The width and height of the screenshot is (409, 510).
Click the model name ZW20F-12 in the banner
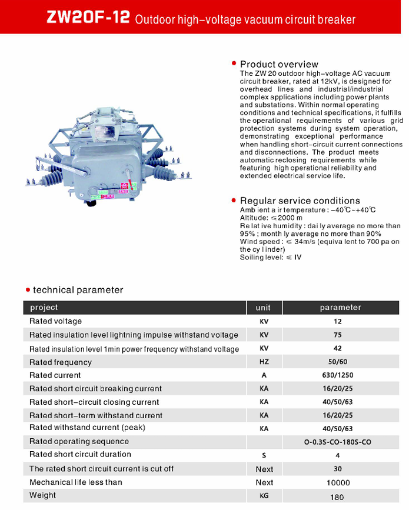point(88,18)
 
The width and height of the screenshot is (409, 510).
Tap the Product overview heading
point(279,64)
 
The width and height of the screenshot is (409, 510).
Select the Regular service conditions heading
point(300,201)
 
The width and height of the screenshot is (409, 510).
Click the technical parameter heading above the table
point(78,290)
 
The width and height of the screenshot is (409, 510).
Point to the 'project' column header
point(44,307)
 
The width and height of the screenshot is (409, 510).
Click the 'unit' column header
point(263,308)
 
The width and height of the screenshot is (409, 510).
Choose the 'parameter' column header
point(340,308)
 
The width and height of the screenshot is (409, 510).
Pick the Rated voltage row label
point(55,321)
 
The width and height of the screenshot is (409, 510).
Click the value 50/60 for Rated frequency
point(337,362)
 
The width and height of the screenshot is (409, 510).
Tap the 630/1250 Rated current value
point(337,375)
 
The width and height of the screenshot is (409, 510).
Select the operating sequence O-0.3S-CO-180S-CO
point(337,442)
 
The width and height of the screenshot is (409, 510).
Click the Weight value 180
point(337,497)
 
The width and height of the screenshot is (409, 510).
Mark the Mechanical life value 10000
point(337,483)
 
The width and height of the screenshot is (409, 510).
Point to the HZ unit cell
point(264,362)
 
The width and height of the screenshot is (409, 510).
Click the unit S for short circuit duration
point(264,455)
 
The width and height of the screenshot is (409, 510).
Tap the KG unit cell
point(264,496)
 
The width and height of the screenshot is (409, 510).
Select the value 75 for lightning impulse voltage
point(337,335)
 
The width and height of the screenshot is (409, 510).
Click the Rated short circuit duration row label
point(80,455)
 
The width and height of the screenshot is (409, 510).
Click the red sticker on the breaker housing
point(124,187)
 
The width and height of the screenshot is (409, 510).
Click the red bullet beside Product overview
point(234,63)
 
